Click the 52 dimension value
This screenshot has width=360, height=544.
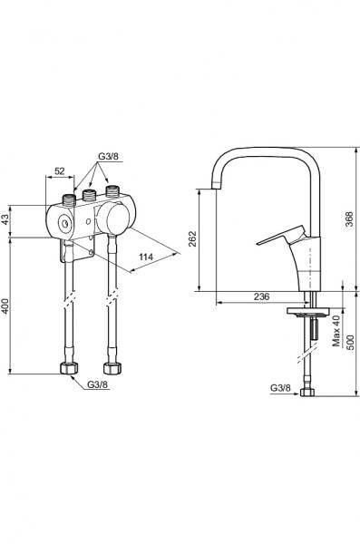(60, 170)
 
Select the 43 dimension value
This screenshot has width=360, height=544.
(5, 219)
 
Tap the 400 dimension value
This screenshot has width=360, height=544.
(5, 306)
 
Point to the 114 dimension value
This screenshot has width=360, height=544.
(146, 257)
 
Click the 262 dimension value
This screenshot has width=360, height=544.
(192, 238)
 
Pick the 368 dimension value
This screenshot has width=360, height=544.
(349, 219)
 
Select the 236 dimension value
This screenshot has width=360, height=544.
(262, 296)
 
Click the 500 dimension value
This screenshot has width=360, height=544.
(351, 342)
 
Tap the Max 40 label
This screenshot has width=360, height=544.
(336, 331)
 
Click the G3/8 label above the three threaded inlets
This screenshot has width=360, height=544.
(108, 156)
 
